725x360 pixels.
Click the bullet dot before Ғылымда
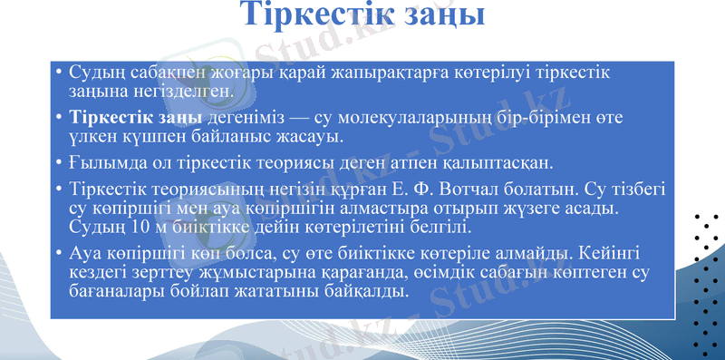pos(58,163)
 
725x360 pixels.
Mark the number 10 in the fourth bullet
pos(136,227)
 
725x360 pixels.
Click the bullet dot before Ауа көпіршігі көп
pos(58,254)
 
